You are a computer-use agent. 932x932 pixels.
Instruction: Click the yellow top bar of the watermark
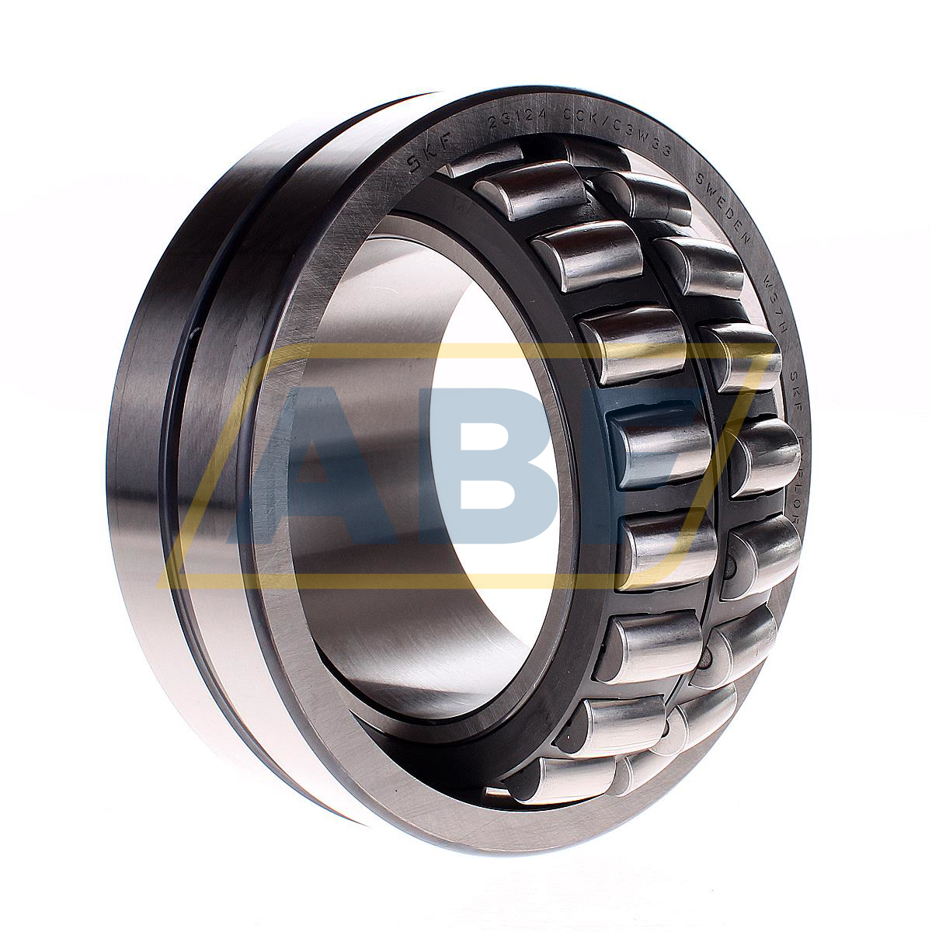[x=466, y=353]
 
